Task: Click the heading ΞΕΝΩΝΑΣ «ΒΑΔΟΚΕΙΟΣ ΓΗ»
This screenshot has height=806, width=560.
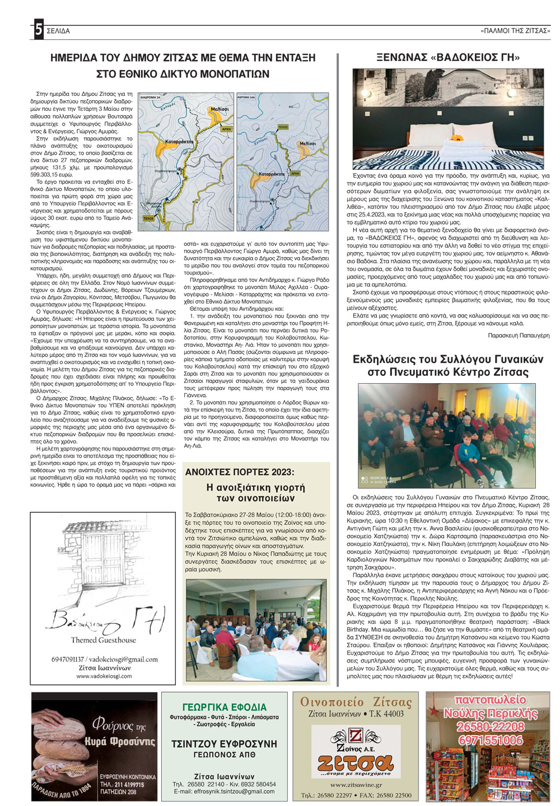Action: [449, 58]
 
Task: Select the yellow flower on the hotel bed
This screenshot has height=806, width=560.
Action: [458, 137]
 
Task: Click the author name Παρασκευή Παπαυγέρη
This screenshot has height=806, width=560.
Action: [519, 335]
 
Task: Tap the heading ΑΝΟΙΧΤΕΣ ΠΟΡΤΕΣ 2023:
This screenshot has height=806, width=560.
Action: [240, 472]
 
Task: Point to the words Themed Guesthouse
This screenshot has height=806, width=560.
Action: [103, 640]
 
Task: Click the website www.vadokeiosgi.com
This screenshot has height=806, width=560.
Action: [104, 675]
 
